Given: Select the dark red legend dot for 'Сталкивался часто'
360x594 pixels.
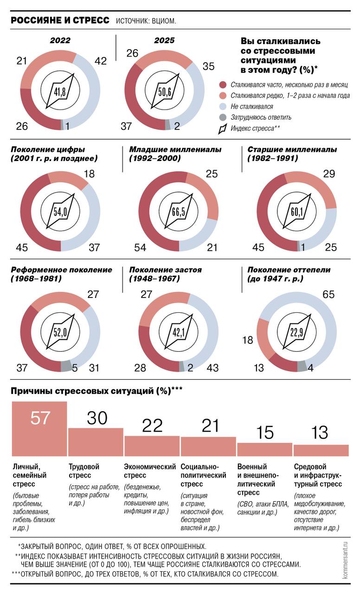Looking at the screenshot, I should (x=223, y=85).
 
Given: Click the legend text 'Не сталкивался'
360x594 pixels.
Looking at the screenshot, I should (x=252, y=106).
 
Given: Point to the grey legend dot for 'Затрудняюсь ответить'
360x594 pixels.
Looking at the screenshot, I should (x=223, y=117).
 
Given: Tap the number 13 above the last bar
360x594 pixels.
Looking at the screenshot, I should (x=321, y=433).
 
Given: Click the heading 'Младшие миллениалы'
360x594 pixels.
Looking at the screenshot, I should (x=175, y=150).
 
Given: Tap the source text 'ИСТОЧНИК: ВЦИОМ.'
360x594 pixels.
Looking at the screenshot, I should (x=146, y=21).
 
